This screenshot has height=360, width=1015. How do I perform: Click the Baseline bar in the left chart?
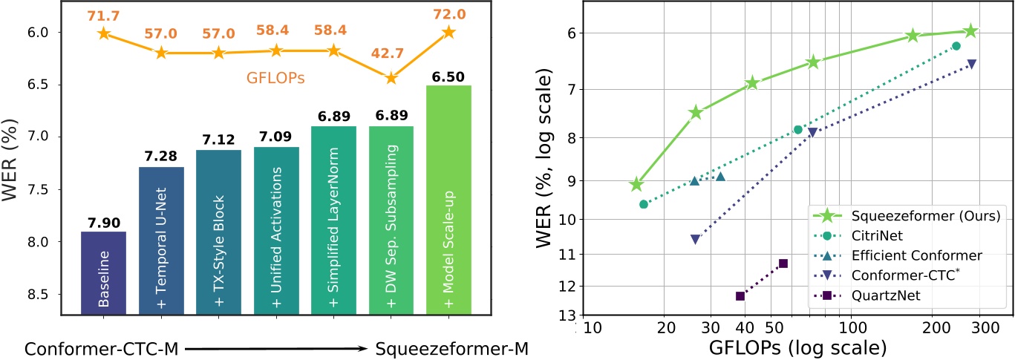(x=103, y=272)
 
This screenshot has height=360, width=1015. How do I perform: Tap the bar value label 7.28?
(x=161, y=156)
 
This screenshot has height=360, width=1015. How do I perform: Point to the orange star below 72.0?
(x=448, y=32)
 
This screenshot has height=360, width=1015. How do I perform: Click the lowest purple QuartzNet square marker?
(x=740, y=295)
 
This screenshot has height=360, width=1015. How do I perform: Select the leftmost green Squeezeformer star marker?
(x=636, y=185)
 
